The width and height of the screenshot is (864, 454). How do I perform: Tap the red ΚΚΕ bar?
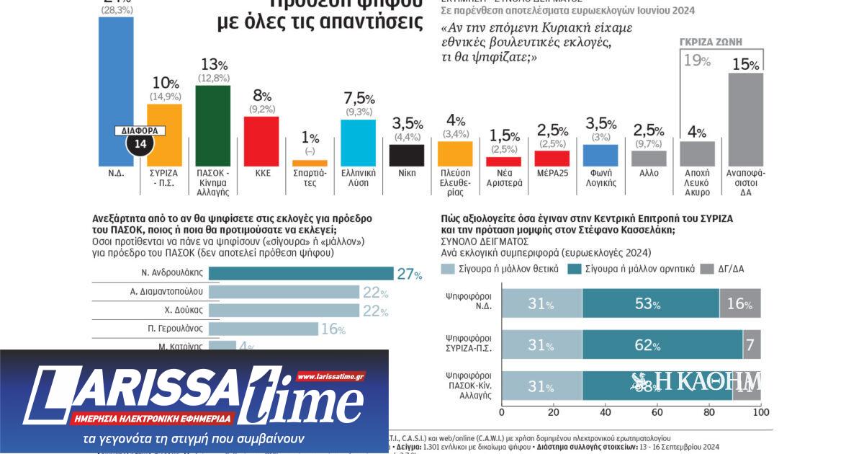[x=261, y=141]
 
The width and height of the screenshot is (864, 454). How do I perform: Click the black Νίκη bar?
[x=407, y=155]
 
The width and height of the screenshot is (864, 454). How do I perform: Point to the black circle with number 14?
[x=139, y=144]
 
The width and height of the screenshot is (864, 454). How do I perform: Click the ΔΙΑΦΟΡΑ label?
[x=139, y=131]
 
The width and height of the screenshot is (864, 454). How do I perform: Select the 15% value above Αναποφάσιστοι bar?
[x=745, y=65]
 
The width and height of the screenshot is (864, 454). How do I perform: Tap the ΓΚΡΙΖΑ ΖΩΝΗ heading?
[x=711, y=42]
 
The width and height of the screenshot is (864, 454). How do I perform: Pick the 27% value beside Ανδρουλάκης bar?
[x=409, y=274]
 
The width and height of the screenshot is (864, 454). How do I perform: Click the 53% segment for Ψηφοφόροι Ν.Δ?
[x=650, y=303]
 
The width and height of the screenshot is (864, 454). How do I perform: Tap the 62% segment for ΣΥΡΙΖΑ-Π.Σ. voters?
[x=662, y=345]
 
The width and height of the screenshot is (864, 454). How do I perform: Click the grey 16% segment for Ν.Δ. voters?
[x=739, y=303]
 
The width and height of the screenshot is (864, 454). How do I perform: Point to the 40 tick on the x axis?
[x=605, y=412]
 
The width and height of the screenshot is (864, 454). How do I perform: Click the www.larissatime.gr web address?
[x=330, y=376]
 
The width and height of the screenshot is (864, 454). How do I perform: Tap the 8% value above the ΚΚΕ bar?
[x=261, y=97]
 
